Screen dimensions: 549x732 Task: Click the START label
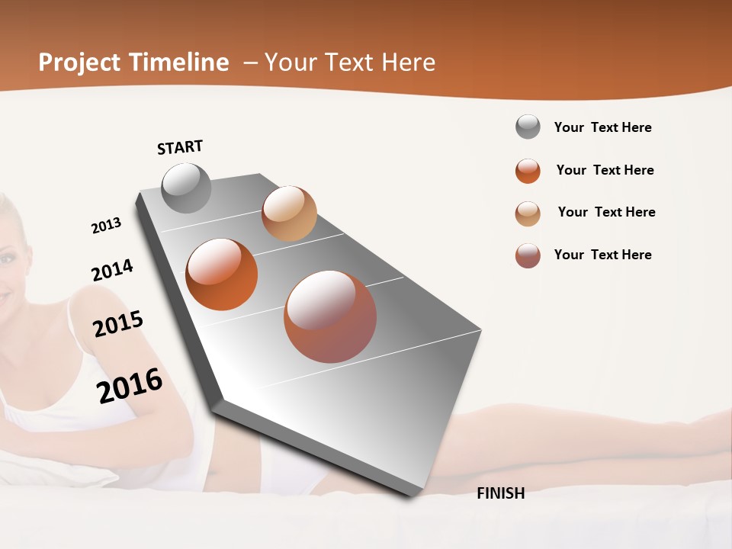180,147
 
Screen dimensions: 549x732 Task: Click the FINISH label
500,493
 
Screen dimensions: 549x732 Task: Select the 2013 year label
106,226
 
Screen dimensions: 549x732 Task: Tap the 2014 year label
112,270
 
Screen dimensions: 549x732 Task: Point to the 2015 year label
118,324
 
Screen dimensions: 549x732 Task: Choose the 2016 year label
130,385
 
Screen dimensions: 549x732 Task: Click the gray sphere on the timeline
186,188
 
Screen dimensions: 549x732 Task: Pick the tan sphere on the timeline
289,213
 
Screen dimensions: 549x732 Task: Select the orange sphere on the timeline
222,274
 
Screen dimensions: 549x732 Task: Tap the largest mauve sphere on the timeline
330,316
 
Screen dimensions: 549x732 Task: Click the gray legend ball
528,127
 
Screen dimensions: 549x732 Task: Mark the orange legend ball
528,171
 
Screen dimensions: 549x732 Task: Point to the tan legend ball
528,213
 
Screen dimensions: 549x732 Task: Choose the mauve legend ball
528,255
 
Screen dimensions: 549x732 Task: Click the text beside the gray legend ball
602,127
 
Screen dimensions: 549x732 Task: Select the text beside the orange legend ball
605,170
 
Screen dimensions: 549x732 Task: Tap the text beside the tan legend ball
606,212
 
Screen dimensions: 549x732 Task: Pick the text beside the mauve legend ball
602,255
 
